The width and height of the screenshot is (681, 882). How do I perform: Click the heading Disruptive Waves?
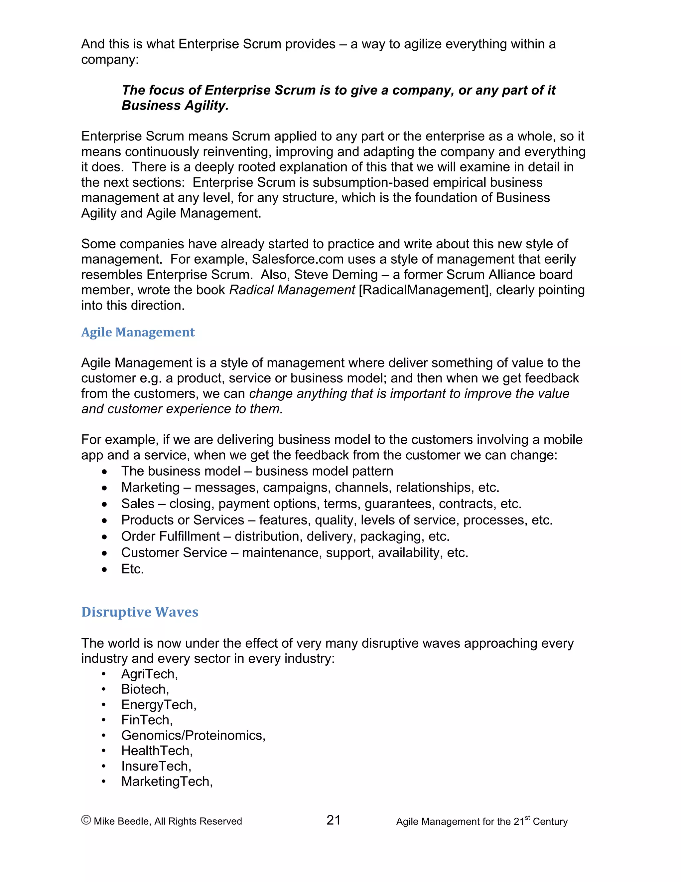tap(140, 612)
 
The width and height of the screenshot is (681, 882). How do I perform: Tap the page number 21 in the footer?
tap(333, 820)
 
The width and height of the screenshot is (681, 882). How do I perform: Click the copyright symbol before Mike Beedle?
tap(86, 820)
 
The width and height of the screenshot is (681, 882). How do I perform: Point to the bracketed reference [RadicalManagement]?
tap(425, 290)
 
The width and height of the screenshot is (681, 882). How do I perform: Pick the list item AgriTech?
tap(149, 674)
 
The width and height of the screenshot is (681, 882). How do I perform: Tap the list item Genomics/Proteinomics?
tap(193, 736)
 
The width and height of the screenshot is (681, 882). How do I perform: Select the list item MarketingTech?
tap(167, 781)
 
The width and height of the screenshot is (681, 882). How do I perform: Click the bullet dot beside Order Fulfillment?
tap(104, 537)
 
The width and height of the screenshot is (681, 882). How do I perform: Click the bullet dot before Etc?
tap(104, 570)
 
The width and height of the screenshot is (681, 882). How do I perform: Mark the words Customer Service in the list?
tap(174, 552)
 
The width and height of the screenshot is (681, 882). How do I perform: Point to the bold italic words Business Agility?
tap(175, 106)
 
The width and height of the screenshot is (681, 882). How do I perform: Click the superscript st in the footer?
tap(527, 817)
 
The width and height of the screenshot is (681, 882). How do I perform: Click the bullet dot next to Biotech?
tap(104, 690)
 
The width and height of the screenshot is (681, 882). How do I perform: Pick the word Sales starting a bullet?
tap(138, 504)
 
